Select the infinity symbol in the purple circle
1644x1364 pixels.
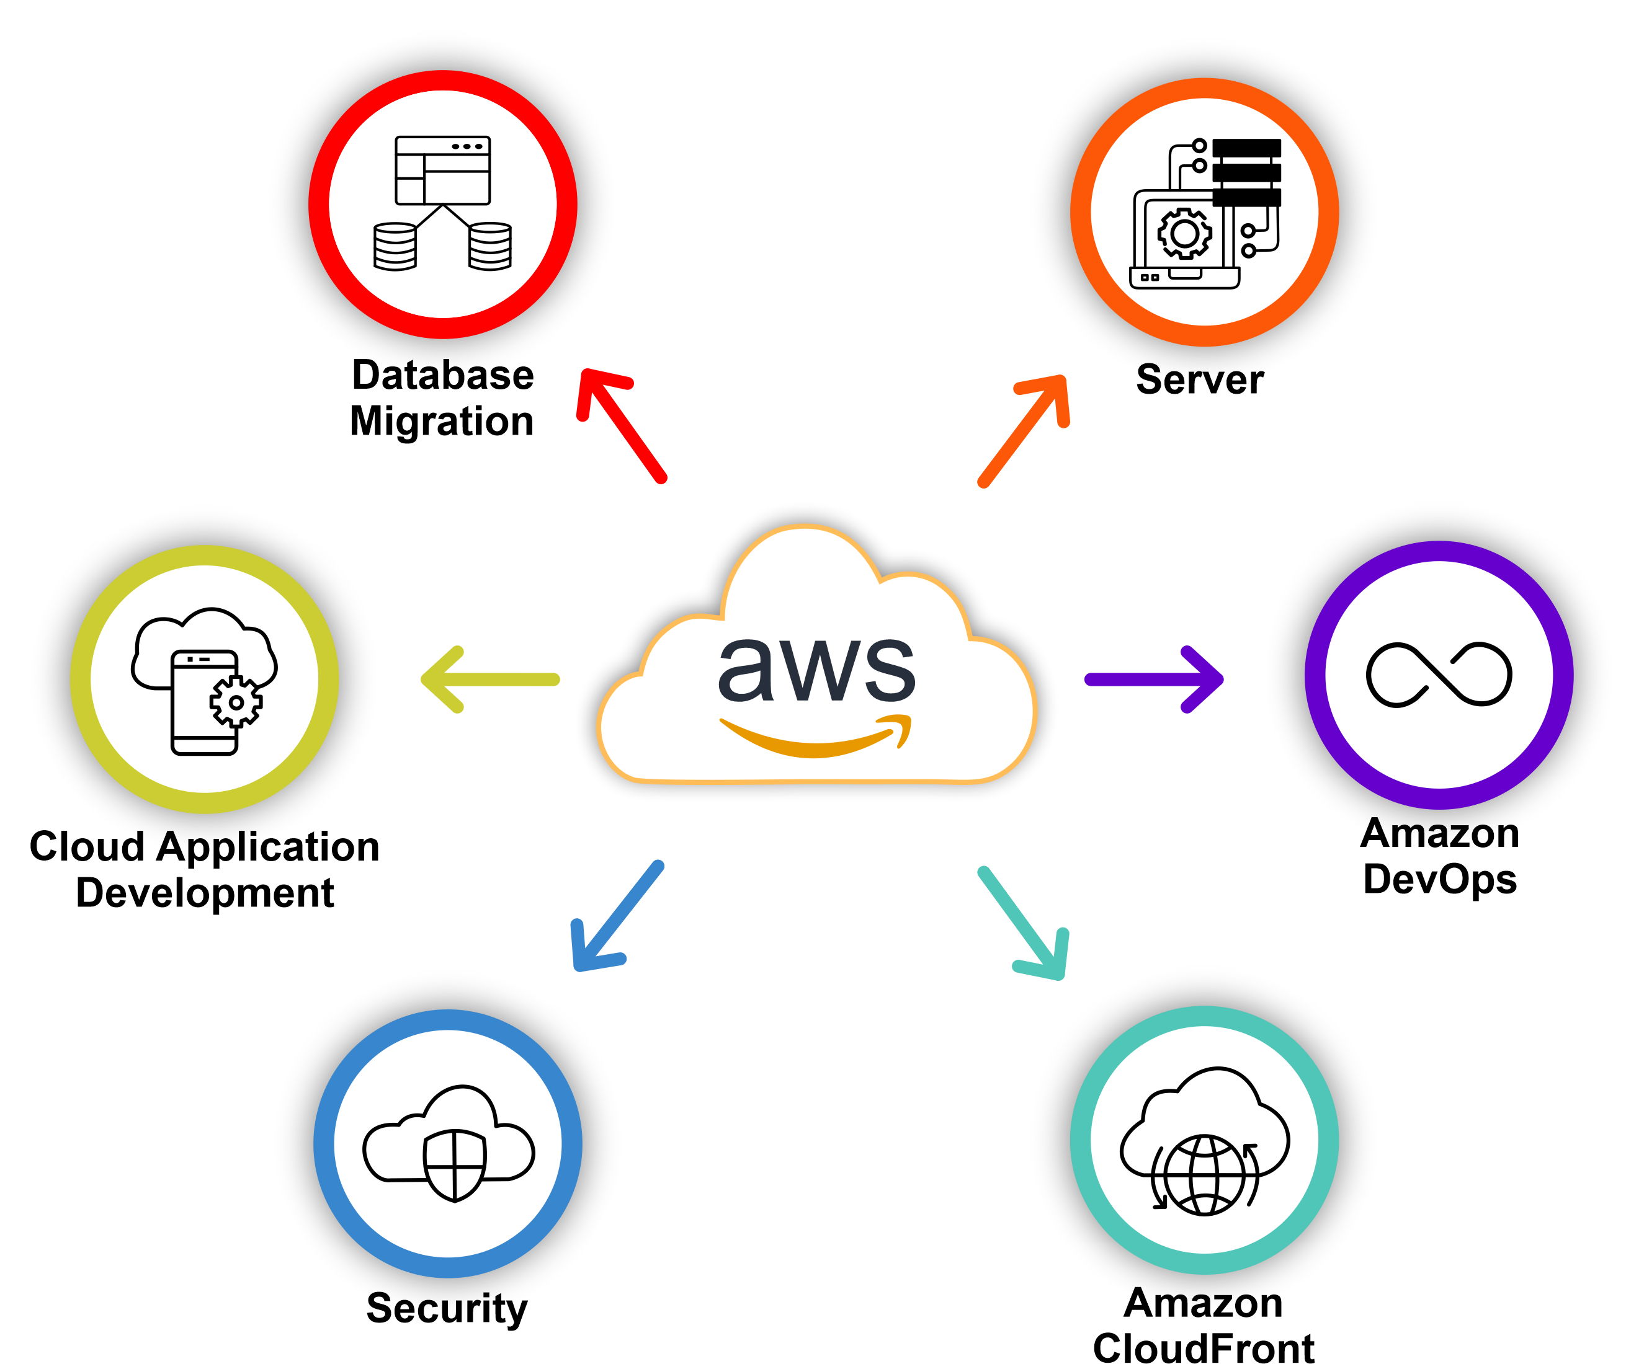tap(1439, 675)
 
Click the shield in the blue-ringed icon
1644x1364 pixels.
tap(455, 1164)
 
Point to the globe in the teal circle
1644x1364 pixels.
tap(1205, 1175)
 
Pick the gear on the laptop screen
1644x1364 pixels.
tap(1184, 233)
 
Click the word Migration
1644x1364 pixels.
tap(442, 421)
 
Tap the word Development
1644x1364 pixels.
tap(205, 893)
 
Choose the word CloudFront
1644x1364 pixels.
tap(1204, 1347)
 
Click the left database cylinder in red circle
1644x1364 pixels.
tap(395, 247)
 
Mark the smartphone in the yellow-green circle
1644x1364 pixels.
tap(204, 702)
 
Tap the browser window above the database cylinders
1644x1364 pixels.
tap(443, 170)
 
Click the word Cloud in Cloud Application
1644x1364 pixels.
tap(87, 847)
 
